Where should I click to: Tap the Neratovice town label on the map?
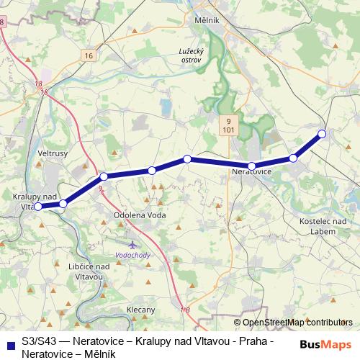tap(251, 173)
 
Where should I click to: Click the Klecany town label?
tap(140, 310)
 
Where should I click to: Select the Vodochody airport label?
tap(133, 256)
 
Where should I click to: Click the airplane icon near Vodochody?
tap(130, 244)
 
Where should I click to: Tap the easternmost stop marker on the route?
tap(322, 134)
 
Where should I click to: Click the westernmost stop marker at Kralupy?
tap(38, 207)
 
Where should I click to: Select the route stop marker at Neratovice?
tap(252, 166)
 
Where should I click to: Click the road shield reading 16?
tap(88, 55)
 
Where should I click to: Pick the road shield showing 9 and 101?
tap(228, 126)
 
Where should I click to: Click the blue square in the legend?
tap(9, 343)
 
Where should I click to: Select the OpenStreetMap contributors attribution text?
tap(297, 323)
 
